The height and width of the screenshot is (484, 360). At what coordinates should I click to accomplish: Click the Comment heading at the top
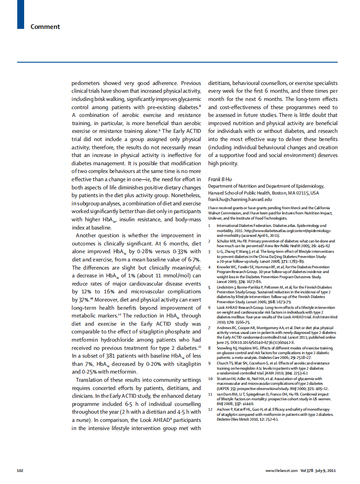(45, 27)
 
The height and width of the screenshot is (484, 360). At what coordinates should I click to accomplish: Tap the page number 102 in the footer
(20, 470)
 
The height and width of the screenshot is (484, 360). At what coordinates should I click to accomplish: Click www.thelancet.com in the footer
(282, 470)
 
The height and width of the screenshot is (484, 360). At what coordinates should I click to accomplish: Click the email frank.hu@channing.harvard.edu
(240, 199)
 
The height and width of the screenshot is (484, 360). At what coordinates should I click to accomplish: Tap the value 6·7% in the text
(194, 260)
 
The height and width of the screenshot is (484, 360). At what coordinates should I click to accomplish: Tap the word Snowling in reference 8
(225, 348)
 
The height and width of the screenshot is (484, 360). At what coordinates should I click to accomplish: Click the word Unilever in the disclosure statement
(216, 218)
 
